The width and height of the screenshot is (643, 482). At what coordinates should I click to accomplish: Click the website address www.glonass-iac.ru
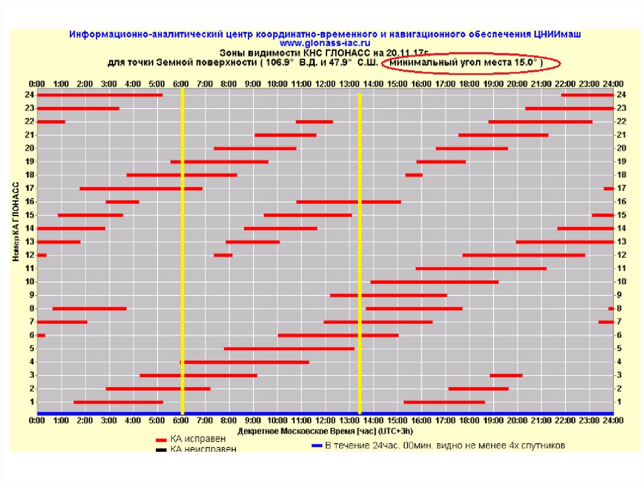321,43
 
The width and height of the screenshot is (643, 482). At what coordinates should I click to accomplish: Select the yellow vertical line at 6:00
182,251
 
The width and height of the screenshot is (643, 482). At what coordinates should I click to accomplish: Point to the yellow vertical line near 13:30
360,251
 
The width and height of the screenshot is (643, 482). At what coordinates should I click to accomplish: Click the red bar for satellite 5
289,348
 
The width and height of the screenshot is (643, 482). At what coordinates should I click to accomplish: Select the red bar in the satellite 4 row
244,362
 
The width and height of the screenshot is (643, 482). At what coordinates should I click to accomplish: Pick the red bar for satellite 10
434,282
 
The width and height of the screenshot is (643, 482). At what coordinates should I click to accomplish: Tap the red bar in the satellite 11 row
480,268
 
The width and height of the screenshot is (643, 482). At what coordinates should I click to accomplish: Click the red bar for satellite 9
388,295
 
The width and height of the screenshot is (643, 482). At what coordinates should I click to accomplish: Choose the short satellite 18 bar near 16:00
413,175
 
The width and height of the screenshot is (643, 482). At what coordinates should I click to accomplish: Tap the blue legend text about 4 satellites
445,445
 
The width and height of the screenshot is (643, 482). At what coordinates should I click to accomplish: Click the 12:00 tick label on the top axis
325,84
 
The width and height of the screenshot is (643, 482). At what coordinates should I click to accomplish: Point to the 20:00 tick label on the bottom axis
517,420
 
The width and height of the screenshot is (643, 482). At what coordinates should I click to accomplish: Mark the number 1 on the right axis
621,402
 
